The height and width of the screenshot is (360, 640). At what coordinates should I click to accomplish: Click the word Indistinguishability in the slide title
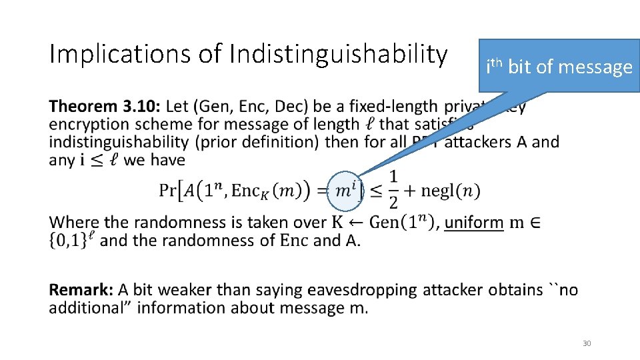click(x=338, y=55)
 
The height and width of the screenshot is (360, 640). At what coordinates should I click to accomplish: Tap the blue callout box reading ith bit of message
click(x=559, y=66)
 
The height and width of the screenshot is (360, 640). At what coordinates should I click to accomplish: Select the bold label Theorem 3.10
click(x=105, y=107)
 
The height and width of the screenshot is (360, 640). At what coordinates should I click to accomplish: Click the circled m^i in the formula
click(x=345, y=190)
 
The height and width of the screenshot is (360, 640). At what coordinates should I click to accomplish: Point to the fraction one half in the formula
click(x=393, y=189)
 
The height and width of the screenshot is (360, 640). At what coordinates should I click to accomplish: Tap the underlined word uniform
click(x=474, y=223)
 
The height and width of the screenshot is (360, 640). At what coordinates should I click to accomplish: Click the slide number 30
click(x=587, y=343)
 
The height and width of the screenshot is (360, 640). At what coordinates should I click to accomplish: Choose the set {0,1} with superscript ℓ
click(x=69, y=240)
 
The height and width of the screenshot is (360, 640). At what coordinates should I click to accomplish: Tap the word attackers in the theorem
click(x=479, y=141)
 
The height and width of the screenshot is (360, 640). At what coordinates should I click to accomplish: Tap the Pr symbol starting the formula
click(x=169, y=190)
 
